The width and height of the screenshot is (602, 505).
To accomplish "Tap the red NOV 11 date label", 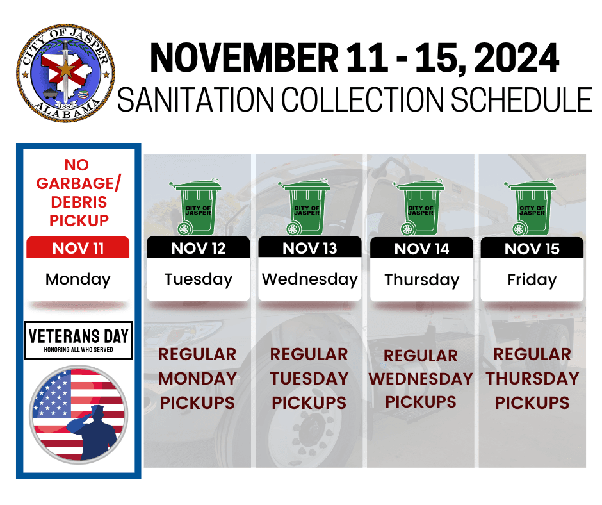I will point(78,248).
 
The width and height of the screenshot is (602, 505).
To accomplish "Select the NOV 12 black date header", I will point(198,248).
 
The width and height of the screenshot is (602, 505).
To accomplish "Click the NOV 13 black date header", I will point(310,248).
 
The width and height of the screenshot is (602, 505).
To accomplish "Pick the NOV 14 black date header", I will point(421,249).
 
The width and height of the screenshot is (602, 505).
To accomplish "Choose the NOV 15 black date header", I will point(532,249).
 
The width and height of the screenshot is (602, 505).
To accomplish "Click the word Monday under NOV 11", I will point(78,279).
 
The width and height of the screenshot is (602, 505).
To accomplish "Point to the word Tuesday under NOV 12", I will point(198,279).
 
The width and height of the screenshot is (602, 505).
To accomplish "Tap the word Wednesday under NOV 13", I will point(310,279).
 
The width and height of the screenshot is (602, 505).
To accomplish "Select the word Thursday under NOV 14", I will point(421,280).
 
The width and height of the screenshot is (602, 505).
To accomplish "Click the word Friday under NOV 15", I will point(532,280).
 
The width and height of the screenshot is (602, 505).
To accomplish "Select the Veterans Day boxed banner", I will point(78,340).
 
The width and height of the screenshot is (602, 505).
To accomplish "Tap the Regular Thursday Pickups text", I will point(532,378).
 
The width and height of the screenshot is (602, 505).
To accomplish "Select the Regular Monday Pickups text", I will point(198,378).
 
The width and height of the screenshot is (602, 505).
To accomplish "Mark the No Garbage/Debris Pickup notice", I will point(78,193).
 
